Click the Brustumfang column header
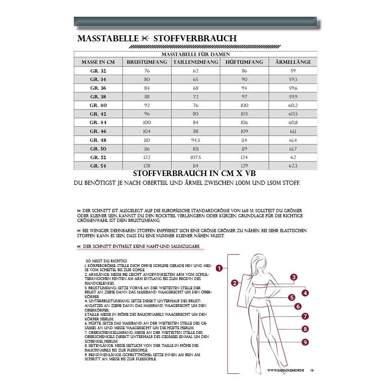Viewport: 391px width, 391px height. click(147, 62)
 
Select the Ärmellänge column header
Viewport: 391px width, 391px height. click(293, 62)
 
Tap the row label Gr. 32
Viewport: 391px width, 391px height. click(98, 71)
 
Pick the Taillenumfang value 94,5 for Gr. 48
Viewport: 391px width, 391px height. click(195, 140)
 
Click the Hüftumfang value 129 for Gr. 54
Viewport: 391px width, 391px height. click(244, 166)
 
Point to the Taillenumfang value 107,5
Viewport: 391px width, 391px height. click(195, 157)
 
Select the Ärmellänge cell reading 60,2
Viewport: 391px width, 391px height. click(293, 105)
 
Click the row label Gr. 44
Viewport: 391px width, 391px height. click(98, 123)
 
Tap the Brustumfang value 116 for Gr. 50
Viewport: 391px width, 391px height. click(147, 149)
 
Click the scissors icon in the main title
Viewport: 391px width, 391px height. click(146, 39)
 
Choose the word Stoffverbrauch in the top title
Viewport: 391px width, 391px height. click(195, 39)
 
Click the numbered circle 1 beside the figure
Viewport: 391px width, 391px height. click(219, 268)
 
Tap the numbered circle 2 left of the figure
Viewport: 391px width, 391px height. click(235, 282)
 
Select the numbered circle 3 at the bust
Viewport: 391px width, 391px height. click(293, 278)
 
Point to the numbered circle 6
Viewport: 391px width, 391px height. click(298, 306)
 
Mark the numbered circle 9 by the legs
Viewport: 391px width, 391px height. click(305, 342)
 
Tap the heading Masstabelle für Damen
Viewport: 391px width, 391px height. click(195, 54)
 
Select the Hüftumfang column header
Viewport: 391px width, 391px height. click(244, 62)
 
